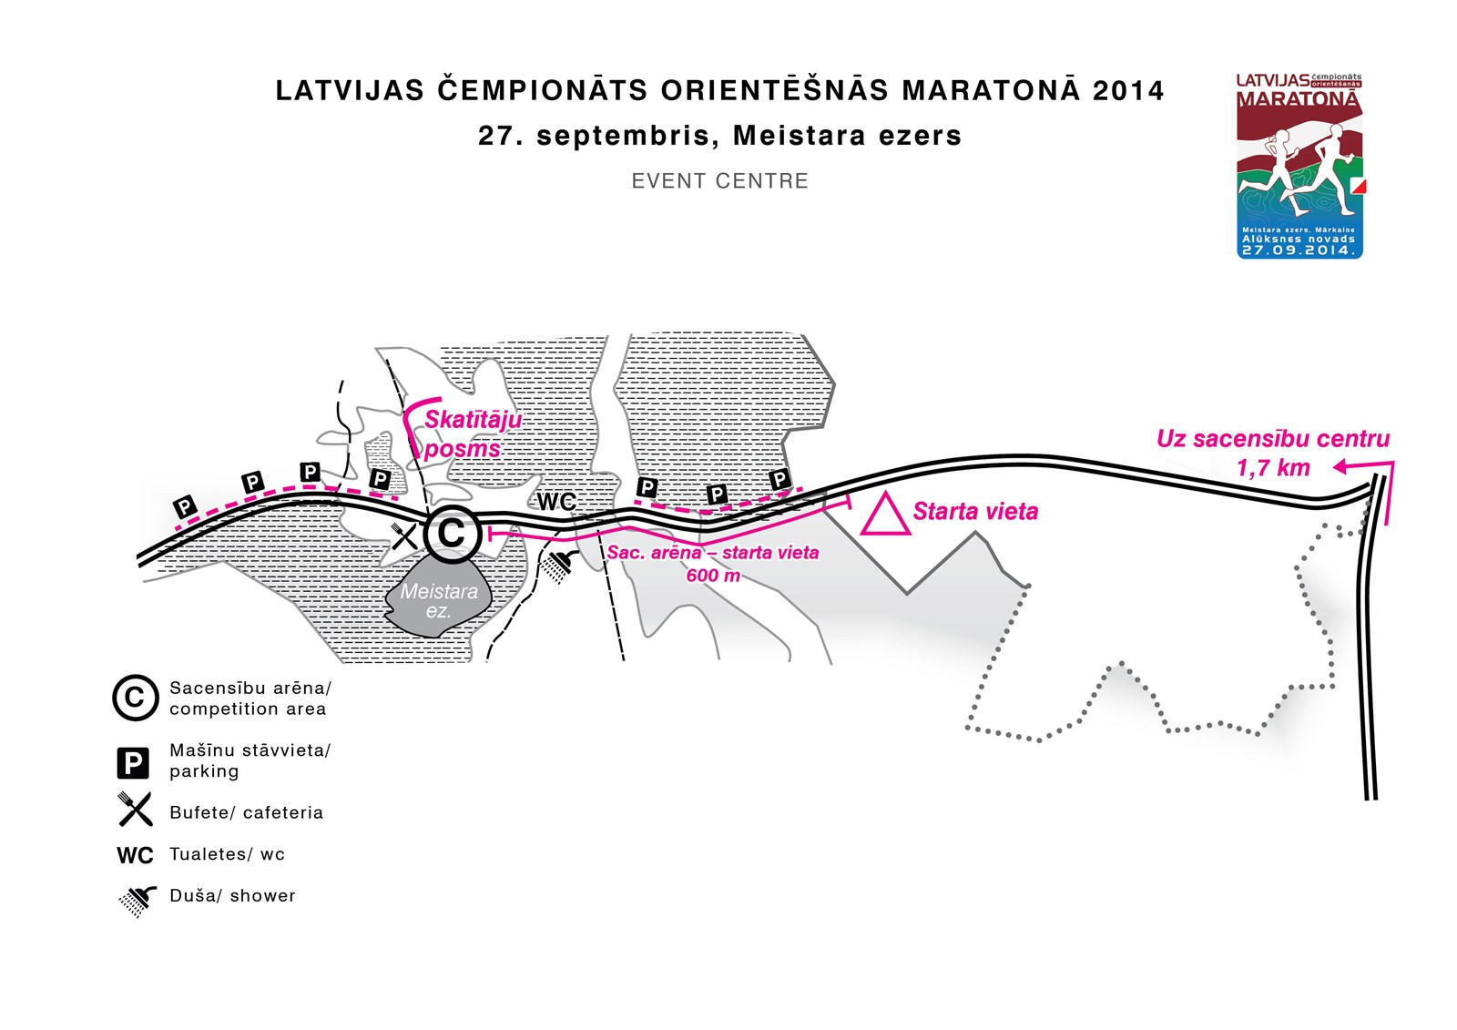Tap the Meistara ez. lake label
tap(439, 600)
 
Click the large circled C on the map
tap(452, 534)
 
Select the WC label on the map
tap(556, 502)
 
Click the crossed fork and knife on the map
tap(404, 536)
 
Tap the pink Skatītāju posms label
tap(473, 434)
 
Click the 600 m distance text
tap(713, 576)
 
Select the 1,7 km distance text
tap(1273, 468)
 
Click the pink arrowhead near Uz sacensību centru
tap(1340, 466)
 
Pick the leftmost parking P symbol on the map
tap(185, 507)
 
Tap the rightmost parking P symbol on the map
tap(779, 480)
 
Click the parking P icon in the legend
tap(133, 762)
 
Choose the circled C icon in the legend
tap(136, 698)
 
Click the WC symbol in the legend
tap(135, 855)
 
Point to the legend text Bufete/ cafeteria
tap(246, 812)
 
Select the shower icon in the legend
tap(138, 901)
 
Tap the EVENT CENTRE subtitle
tap(720, 181)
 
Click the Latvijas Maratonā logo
tap(1299, 166)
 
